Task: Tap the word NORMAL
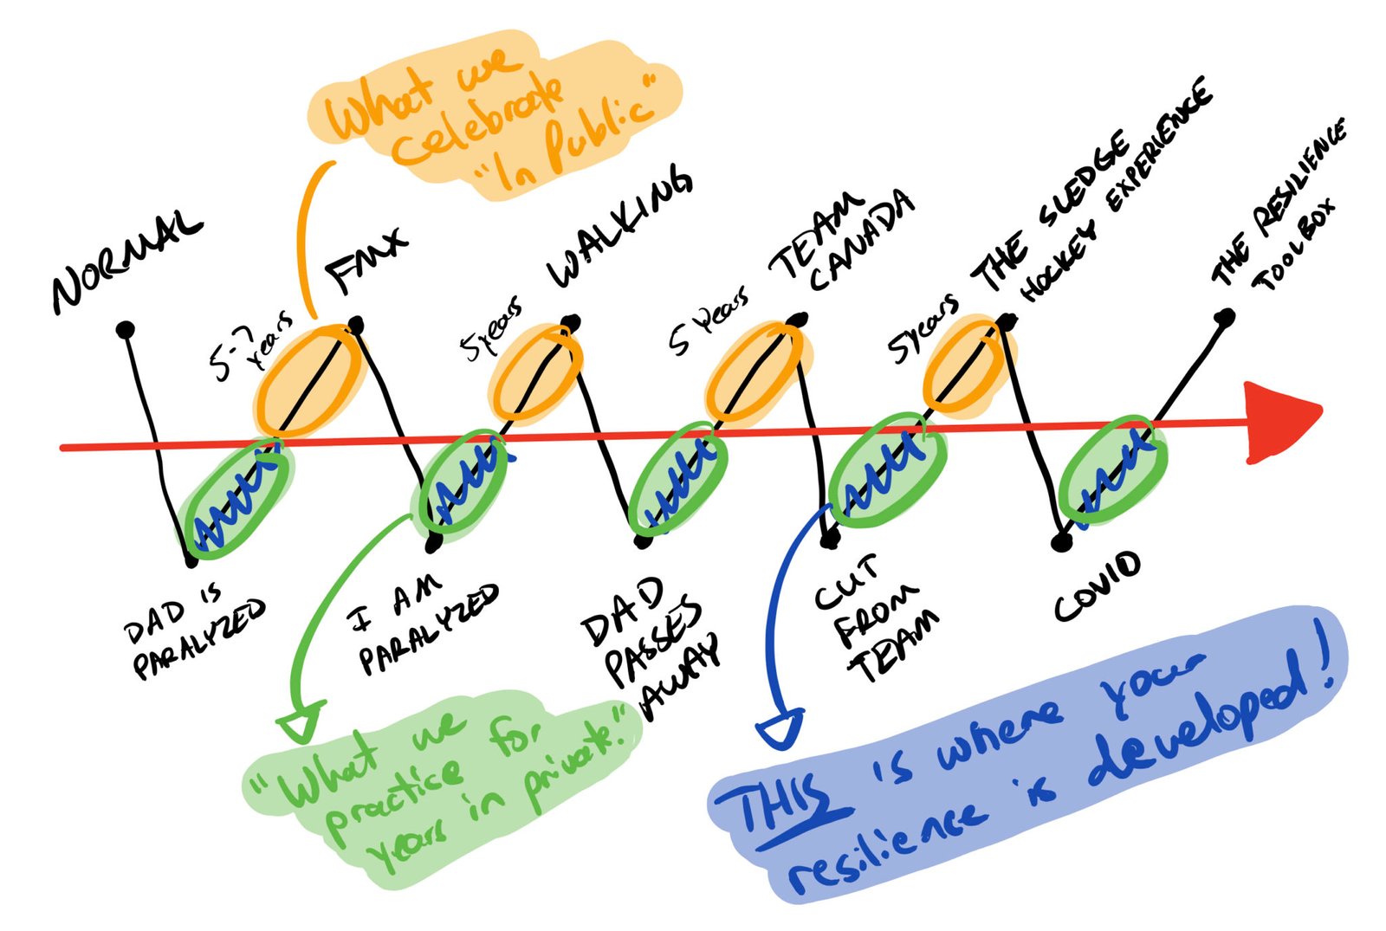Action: tap(126, 260)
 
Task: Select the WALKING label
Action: tap(619, 227)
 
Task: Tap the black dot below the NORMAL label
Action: tap(126, 329)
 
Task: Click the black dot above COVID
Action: tap(1060, 543)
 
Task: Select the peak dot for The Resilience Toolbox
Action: tap(1224, 318)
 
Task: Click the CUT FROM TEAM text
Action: tap(875, 619)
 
